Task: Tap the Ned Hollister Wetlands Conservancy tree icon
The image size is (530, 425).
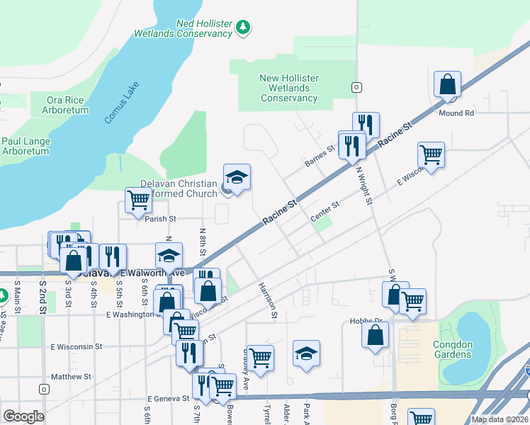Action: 244,28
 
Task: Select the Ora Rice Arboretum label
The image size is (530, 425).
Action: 67,105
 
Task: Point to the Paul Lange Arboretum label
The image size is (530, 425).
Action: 26,146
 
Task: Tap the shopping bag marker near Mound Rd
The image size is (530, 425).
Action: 448,85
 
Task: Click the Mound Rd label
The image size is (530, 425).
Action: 456,113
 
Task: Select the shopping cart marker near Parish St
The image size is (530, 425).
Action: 138,200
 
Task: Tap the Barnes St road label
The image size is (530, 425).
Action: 319,157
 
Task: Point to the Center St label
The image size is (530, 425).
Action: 325,212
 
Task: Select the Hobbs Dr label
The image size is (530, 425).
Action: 366,321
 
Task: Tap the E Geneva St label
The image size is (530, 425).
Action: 168,399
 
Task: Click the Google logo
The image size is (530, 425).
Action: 23,416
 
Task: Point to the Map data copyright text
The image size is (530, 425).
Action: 500,419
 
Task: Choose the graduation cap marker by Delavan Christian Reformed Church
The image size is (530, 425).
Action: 237,177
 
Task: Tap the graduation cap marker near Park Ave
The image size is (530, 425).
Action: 306,353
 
